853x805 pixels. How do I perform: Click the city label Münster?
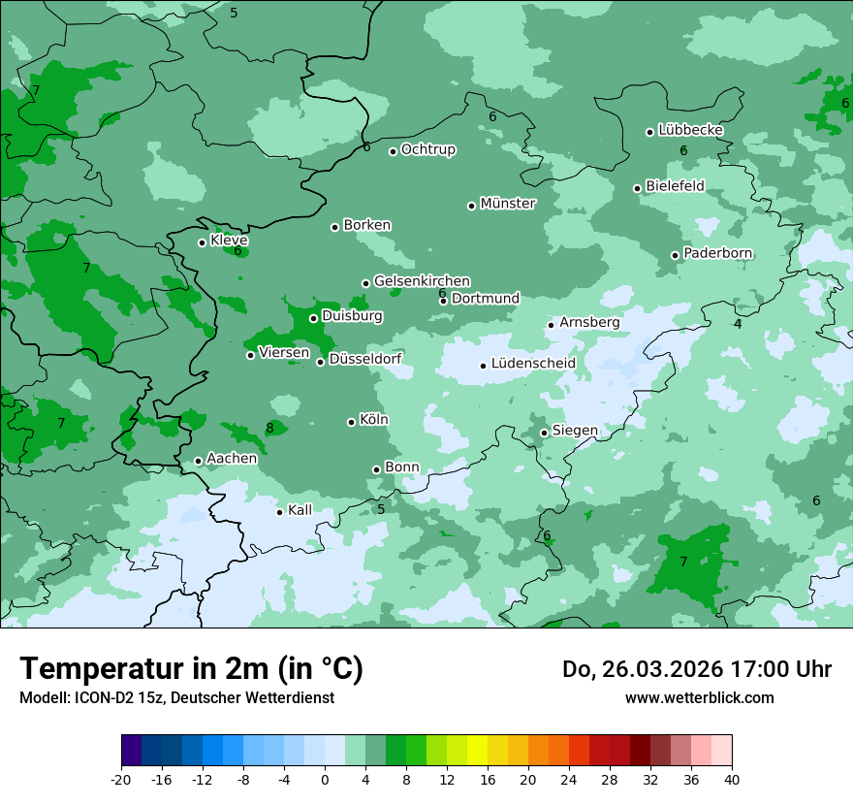[x=507, y=204]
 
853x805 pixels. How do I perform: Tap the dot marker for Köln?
[x=352, y=422]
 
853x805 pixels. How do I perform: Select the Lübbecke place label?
[x=690, y=130]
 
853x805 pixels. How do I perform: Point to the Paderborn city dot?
[x=676, y=255]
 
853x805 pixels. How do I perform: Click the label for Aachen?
[x=232, y=459]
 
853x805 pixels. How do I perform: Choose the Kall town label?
[x=300, y=510]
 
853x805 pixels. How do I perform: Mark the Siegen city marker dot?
[x=545, y=433]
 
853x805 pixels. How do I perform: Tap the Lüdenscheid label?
[x=533, y=364]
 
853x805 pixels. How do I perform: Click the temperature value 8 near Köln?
[x=269, y=429]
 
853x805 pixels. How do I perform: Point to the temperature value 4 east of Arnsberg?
[x=738, y=324]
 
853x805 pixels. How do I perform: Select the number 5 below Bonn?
[x=381, y=509]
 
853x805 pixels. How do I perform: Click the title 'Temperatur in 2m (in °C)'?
[x=192, y=669]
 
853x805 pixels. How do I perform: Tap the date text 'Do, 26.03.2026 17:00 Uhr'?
[x=696, y=669]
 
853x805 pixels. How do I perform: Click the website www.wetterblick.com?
[x=699, y=697]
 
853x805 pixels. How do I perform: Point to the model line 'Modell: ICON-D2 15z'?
[x=176, y=697]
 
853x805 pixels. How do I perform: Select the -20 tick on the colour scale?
[x=121, y=779]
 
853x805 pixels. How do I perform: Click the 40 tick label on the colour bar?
[x=732, y=779]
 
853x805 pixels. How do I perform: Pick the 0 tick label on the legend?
[x=325, y=779]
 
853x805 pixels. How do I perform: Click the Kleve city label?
[x=229, y=241]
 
